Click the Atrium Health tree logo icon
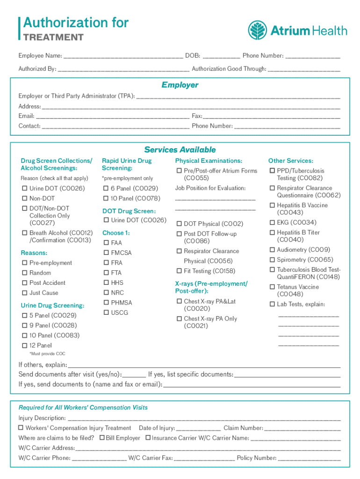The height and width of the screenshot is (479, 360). tap(258, 30)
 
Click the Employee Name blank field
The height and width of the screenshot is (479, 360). tap(123, 56)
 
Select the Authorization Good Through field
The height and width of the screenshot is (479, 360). tap(304, 69)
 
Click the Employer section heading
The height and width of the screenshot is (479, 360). tap(180, 85)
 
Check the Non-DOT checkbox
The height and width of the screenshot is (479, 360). tap(25, 198)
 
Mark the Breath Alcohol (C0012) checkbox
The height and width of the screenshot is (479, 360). tap(25, 233)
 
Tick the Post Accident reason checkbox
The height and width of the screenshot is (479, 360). tap(25, 283)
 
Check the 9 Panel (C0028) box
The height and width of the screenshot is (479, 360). tap(25, 326)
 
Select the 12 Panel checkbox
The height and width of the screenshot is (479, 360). tap(25, 346)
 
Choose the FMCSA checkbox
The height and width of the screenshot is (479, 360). tap(106, 253)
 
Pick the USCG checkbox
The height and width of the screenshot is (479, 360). tap(106, 312)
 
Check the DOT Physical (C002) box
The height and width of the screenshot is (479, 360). tap(179, 224)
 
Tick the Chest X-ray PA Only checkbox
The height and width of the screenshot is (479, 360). tap(179, 319)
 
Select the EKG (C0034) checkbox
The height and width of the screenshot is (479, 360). tap(272, 223)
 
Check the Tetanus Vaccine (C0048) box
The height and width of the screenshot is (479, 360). tap(272, 287)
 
